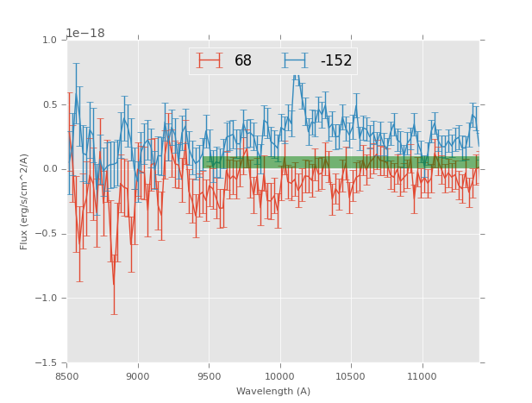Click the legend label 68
(x=243, y=60)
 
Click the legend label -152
(x=336, y=60)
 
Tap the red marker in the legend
(x=210, y=60)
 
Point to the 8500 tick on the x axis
(x=67, y=375)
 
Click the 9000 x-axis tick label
(x=138, y=375)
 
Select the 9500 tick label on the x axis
(x=209, y=375)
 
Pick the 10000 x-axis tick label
(x=279, y=375)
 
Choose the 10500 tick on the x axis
(x=351, y=375)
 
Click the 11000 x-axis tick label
(x=422, y=375)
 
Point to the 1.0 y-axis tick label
(x=49, y=40)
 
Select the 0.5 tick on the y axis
(x=49, y=104)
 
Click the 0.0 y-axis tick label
(x=49, y=169)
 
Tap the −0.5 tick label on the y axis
(x=47, y=234)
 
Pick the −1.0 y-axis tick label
(x=47, y=299)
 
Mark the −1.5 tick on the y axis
(x=47, y=363)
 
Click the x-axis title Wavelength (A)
(x=273, y=391)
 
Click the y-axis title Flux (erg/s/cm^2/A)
(x=24, y=201)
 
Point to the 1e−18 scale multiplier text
(x=85, y=33)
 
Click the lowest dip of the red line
(x=114, y=286)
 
